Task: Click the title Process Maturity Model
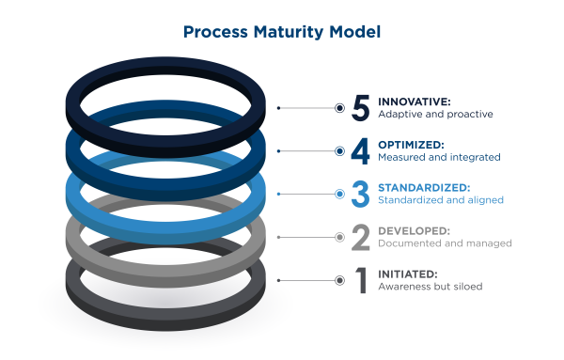click(x=281, y=32)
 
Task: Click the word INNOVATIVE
click(x=415, y=101)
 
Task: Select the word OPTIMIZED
click(x=411, y=144)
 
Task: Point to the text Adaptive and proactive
click(x=435, y=115)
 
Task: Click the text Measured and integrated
click(x=439, y=158)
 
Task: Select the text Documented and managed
click(x=445, y=243)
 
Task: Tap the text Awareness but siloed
click(x=430, y=287)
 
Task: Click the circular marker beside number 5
click(x=339, y=108)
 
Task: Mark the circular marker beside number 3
click(x=339, y=194)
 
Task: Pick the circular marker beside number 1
click(x=339, y=280)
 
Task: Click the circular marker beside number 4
click(x=339, y=151)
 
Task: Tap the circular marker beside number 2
click(x=339, y=237)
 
